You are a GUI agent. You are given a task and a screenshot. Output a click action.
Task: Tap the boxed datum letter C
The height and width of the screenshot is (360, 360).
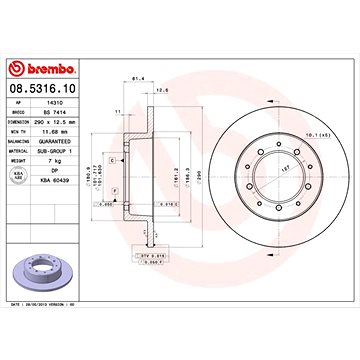click(113, 160)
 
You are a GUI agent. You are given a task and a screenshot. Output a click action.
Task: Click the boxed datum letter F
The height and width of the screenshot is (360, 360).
click(115, 189)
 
